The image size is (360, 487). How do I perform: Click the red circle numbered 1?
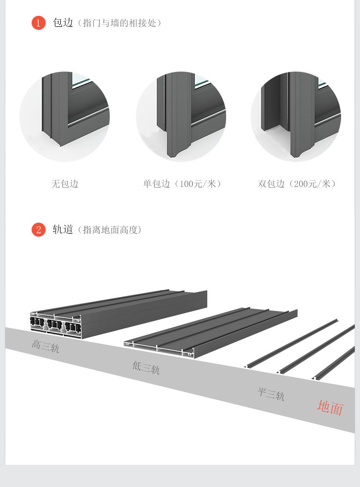pyautogui.click(x=39, y=23)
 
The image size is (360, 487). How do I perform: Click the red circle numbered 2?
pyautogui.click(x=39, y=229)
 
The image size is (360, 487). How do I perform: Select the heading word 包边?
pyautogui.click(x=63, y=23)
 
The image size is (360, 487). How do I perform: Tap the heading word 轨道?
pyautogui.click(x=63, y=229)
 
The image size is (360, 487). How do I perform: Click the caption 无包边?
pyautogui.click(x=65, y=184)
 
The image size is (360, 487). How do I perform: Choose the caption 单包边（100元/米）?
pyautogui.click(x=182, y=184)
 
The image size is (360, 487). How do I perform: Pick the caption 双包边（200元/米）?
pyautogui.click(x=297, y=184)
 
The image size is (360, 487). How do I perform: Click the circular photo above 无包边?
pyautogui.click(x=65, y=116)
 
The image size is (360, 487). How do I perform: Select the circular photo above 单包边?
pyautogui.click(x=181, y=116)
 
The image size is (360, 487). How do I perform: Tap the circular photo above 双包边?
pyautogui.click(x=296, y=116)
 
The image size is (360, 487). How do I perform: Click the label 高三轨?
pyautogui.click(x=45, y=346)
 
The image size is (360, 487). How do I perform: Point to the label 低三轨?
pyautogui.click(x=146, y=367)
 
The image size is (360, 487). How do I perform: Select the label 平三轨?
pyautogui.click(x=271, y=393)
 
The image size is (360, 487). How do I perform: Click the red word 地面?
pyautogui.click(x=330, y=408)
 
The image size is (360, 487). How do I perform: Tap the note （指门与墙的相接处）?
pyautogui.click(x=119, y=23)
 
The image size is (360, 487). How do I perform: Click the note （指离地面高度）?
pyautogui.click(x=109, y=230)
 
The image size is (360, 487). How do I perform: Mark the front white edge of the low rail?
pyautogui.click(x=158, y=349)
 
